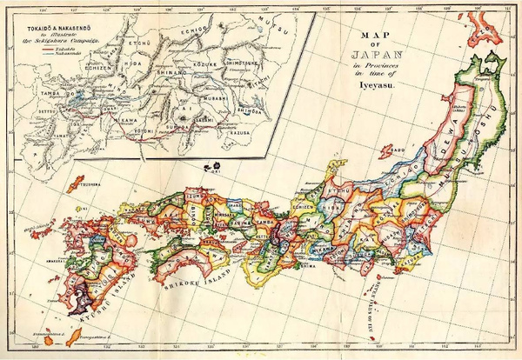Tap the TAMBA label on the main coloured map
tap(264, 221)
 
